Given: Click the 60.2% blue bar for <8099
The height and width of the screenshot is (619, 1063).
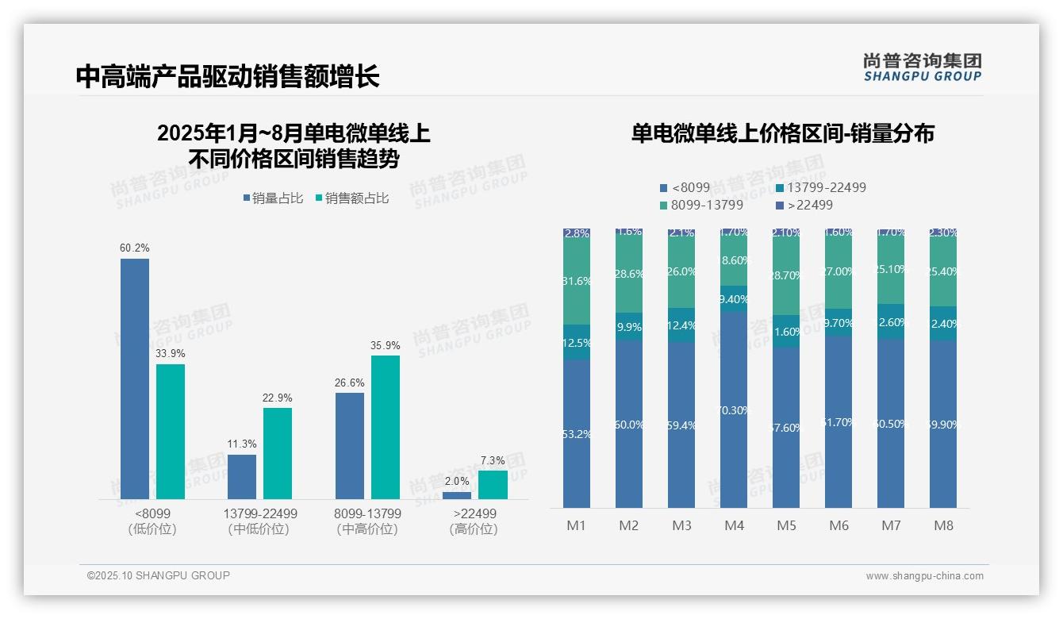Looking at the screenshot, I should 135,379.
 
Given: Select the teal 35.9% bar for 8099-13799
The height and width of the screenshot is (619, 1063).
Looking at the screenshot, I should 386,427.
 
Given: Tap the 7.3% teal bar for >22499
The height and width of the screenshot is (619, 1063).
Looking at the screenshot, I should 493,484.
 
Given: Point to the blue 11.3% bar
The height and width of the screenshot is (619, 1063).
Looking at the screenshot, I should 242,476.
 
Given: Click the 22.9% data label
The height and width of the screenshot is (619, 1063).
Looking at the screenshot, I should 278,398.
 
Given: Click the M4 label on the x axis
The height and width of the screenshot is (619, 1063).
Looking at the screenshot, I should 734,525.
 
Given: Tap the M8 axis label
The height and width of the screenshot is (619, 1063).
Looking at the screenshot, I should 943,525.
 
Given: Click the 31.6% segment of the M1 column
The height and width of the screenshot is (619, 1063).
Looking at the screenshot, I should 577,282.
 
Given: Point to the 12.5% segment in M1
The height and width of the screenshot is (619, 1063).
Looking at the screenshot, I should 577,342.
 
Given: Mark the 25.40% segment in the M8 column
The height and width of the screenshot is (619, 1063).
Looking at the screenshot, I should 943,272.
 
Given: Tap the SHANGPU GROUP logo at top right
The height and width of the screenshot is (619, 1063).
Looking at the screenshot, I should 922,67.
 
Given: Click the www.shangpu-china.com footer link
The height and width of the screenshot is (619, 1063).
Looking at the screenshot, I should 924,576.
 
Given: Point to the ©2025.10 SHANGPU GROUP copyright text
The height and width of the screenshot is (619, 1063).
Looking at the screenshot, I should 159,575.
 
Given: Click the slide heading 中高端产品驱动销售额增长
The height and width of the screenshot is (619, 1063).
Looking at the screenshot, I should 228,76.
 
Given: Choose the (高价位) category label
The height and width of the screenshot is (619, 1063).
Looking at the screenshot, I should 473,529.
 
